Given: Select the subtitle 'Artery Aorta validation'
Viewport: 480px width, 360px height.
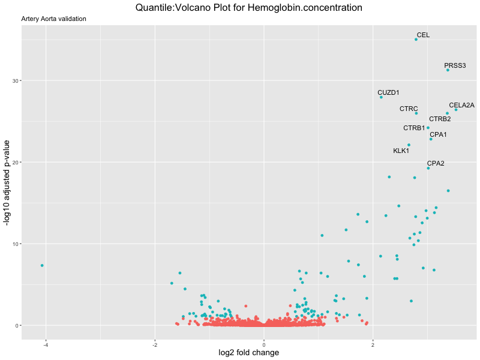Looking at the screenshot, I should pos(53,19).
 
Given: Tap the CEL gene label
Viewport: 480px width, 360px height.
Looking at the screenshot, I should pos(423,35).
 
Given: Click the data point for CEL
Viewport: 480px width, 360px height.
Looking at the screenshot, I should pos(416,39).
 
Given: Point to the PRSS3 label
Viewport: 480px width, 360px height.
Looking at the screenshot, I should pos(455,65).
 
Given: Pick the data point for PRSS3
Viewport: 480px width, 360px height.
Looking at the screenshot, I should pos(448,70).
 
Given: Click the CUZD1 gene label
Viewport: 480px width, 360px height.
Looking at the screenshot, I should pos(388,92).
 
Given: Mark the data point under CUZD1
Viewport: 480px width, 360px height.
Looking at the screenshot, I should pos(381,97).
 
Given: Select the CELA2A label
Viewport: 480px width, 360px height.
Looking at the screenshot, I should pos(461,105).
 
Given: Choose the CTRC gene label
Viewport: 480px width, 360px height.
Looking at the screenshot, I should pos(409,109).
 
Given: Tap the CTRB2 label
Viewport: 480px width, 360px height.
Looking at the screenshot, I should pos(440,119).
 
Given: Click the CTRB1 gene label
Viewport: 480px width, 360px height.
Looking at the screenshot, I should pos(414,128).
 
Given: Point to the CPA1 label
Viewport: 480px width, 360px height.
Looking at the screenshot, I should pos(438,134).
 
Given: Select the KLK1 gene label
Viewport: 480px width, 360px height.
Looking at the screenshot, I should pos(401,151).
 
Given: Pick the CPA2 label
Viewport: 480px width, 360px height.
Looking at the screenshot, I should pos(436,163).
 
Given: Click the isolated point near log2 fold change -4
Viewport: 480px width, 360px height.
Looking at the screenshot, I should pos(42,265).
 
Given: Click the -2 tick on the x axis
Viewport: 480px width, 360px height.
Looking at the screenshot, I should pos(155,344).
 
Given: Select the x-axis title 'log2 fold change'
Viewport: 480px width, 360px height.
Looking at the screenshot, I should pos(249,353).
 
